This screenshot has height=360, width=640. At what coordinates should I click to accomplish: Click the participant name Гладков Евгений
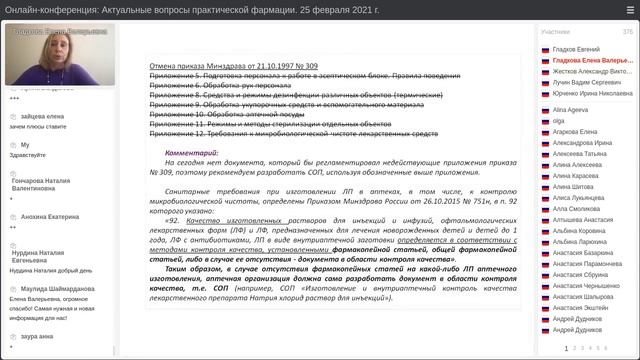575,49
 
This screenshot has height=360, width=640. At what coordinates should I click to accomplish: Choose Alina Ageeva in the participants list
570,108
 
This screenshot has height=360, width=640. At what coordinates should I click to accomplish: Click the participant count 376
627,32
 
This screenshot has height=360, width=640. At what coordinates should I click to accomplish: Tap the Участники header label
557,32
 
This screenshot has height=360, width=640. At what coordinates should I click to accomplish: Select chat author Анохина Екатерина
50,216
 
